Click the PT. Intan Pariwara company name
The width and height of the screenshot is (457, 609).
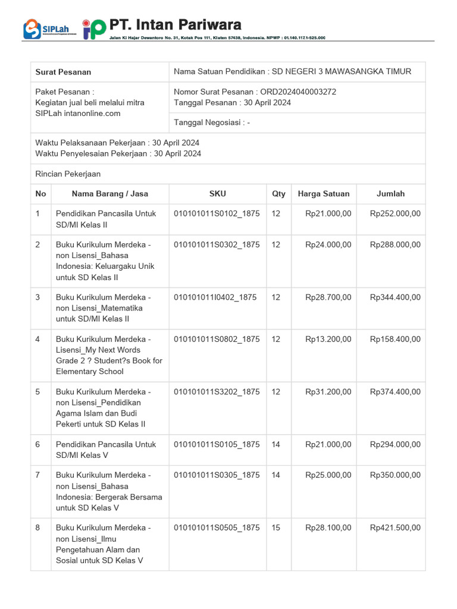pyautogui.click(x=176, y=24)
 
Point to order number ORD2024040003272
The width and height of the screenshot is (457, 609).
pyautogui.click(x=298, y=92)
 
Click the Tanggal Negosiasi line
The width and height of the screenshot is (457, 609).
pyautogui.click(x=212, y=123)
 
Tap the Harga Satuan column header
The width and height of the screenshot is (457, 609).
pyautogui.click(x=324, y=193)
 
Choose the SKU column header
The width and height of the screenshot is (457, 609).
pyautogui.click(x=218, y=193)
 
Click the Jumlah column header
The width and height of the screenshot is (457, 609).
pyautogui.click(x=390, y=193)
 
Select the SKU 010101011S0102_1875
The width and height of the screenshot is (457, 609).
pyautogui.click(x=217, y=214)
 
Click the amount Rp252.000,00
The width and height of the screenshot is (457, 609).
pyautogui.click(x=395, y=214)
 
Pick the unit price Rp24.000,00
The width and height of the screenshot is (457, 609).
pyautogui.click(x=328, y=244)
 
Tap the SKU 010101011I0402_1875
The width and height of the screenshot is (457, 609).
pyautogui.click(x=215, y=297)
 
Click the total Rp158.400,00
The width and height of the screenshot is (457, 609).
pyautogui.click(x=395, y=339)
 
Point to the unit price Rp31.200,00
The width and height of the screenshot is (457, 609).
pyautogui.click(x=328, y=392)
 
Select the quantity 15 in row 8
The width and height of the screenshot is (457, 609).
pyautogui.click(x=276, y=528)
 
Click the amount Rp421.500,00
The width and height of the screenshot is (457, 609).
pyautogui.click(x=395, y=528)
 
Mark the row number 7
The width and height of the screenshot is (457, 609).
pyautogui.click(x=39, y=475)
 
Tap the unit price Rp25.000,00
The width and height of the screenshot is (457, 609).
pyautogui.click(x=328, y=475)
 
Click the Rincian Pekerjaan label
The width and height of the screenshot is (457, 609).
pyautogui.click(x=68, y=174)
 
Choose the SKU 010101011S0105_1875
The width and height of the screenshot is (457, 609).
pyautogui.click(x=217, y=444)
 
